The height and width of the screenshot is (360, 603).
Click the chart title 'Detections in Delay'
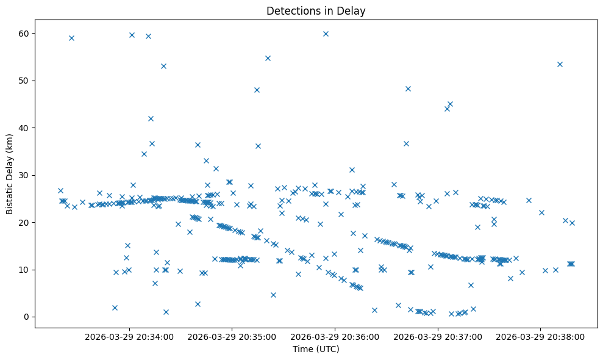tap(316, 10)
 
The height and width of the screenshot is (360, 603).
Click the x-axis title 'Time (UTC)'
tap(316, 349)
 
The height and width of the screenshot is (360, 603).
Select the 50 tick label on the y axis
tap(25, 81)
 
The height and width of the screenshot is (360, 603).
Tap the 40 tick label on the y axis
tap(25, 128)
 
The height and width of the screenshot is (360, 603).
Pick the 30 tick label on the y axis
tap(25, 175)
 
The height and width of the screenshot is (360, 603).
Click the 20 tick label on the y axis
tap(25, 222)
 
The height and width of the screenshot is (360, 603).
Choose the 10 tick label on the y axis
tap(25, 270)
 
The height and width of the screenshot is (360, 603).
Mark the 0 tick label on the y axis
tap(27, 317)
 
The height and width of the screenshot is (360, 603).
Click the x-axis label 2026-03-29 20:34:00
tap(129, 336)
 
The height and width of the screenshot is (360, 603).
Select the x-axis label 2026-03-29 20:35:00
tap(232, 336)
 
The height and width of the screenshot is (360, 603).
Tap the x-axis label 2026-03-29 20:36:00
tap(335, 336)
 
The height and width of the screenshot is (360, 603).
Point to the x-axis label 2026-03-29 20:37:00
tap(438, 336)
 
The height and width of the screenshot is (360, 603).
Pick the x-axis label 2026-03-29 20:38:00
tap(540, 336)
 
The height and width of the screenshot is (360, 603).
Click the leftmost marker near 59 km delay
tap(71, 38)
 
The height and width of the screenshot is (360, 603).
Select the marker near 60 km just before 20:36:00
tap(326, 34)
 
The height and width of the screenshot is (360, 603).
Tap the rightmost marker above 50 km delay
tap(560, 64)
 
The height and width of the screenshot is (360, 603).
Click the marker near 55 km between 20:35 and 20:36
tap(268, 58)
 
